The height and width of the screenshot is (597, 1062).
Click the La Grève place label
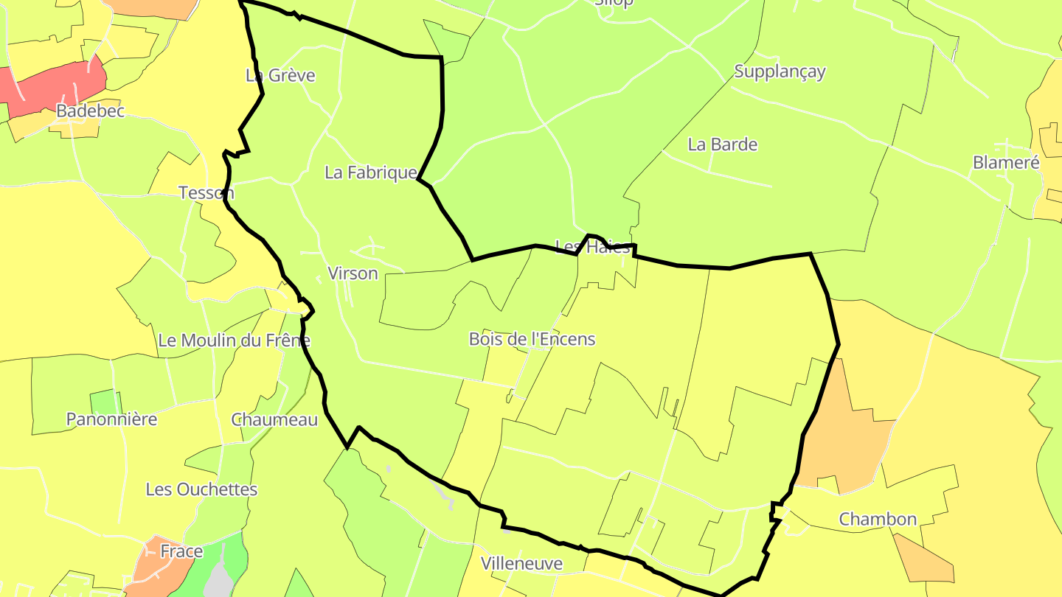(280, 75)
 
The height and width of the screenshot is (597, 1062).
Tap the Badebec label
(91, 111)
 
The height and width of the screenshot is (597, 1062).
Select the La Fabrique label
(371, 172)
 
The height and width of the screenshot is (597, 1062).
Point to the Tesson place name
(206, 193)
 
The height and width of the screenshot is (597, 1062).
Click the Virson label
(353, 273)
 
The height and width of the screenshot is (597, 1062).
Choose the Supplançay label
(780, 71)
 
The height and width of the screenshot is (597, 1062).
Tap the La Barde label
(723, 144)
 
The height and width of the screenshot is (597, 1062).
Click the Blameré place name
(1006, 163)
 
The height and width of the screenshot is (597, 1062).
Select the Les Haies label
(593, 247)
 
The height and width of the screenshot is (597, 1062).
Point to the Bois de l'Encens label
(532, 339)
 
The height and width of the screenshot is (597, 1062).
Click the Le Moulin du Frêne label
(234, 341)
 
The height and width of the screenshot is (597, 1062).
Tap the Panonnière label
(111, 419)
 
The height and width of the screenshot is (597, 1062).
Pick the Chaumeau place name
(274, 419)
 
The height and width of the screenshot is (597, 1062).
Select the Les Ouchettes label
(201, 489)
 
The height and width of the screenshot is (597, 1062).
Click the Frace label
(181, 551)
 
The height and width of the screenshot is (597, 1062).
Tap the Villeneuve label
(521, 564)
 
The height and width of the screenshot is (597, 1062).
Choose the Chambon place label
(878, 519)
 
